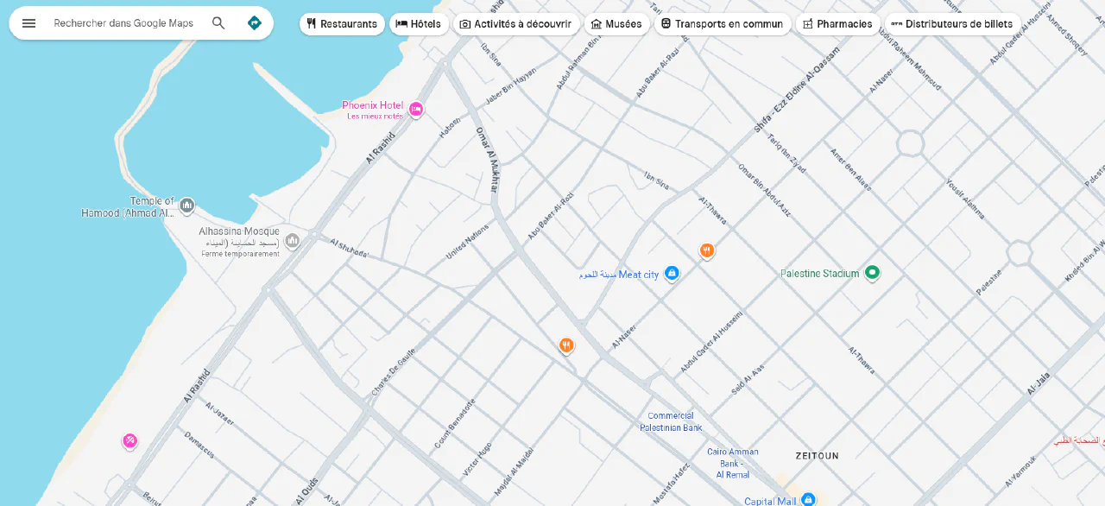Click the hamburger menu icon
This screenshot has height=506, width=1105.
click(28, 23)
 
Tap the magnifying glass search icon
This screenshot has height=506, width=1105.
click(218, 23)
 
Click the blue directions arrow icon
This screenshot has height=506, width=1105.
click(254, 23)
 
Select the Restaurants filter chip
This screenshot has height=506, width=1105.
click(342, 24)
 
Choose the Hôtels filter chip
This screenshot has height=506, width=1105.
click(418, 24)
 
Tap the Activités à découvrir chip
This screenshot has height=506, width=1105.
click(515, 24)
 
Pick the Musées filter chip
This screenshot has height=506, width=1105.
click(616, 24)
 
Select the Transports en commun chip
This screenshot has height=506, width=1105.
click(722, 24)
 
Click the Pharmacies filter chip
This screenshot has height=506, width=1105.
click(837, 24)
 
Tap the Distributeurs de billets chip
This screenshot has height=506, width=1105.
click(952, 24)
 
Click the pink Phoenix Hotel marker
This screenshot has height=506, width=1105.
click(416, 109)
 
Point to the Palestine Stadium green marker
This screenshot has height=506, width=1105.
click(872, 273)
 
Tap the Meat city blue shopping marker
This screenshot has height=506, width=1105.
click(672, 274)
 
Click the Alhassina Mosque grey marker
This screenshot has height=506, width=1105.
click(292, 240)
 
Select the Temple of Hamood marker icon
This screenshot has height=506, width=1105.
click(186, 206)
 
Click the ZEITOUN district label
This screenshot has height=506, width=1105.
click(817, 455)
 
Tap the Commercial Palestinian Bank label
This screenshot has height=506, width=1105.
click(671, 422)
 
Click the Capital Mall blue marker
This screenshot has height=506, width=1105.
click(808, 499)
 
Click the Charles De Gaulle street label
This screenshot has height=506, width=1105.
click(394, 372)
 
